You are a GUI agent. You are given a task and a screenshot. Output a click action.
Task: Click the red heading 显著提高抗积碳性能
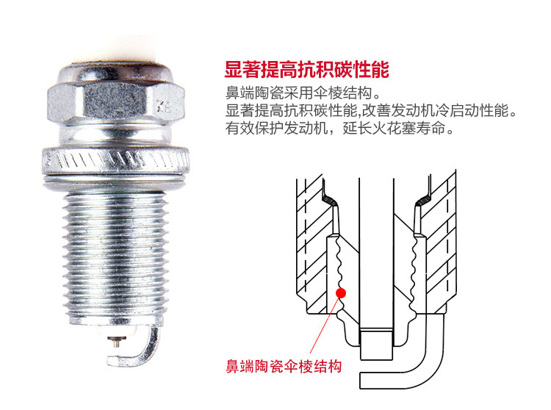point(306,71)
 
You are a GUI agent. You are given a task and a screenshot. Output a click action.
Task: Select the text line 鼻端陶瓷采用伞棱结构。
point(303,95)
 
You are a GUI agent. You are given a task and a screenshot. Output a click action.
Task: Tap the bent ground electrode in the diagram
point(411,360)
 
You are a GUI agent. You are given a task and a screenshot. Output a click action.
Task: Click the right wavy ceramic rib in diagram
point(413,268)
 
